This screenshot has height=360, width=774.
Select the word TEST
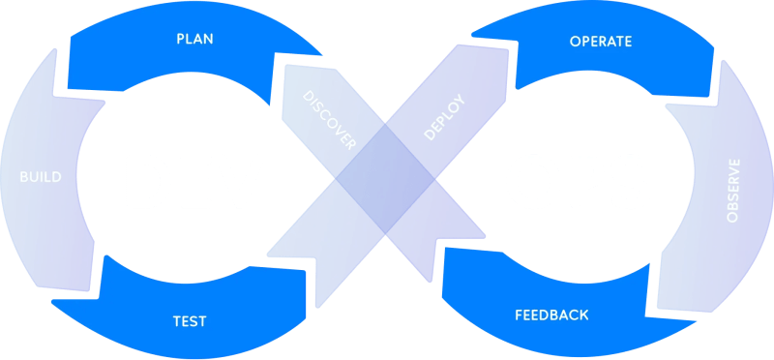tap(191, 319)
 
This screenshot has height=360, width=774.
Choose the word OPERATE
tap(601, 41)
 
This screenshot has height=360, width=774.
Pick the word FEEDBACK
tap(551, 315)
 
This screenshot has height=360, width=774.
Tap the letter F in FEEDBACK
tap(519, 315)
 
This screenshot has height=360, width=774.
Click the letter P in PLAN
tap(180, 40)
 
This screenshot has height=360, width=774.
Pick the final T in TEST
tap(202, 319)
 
